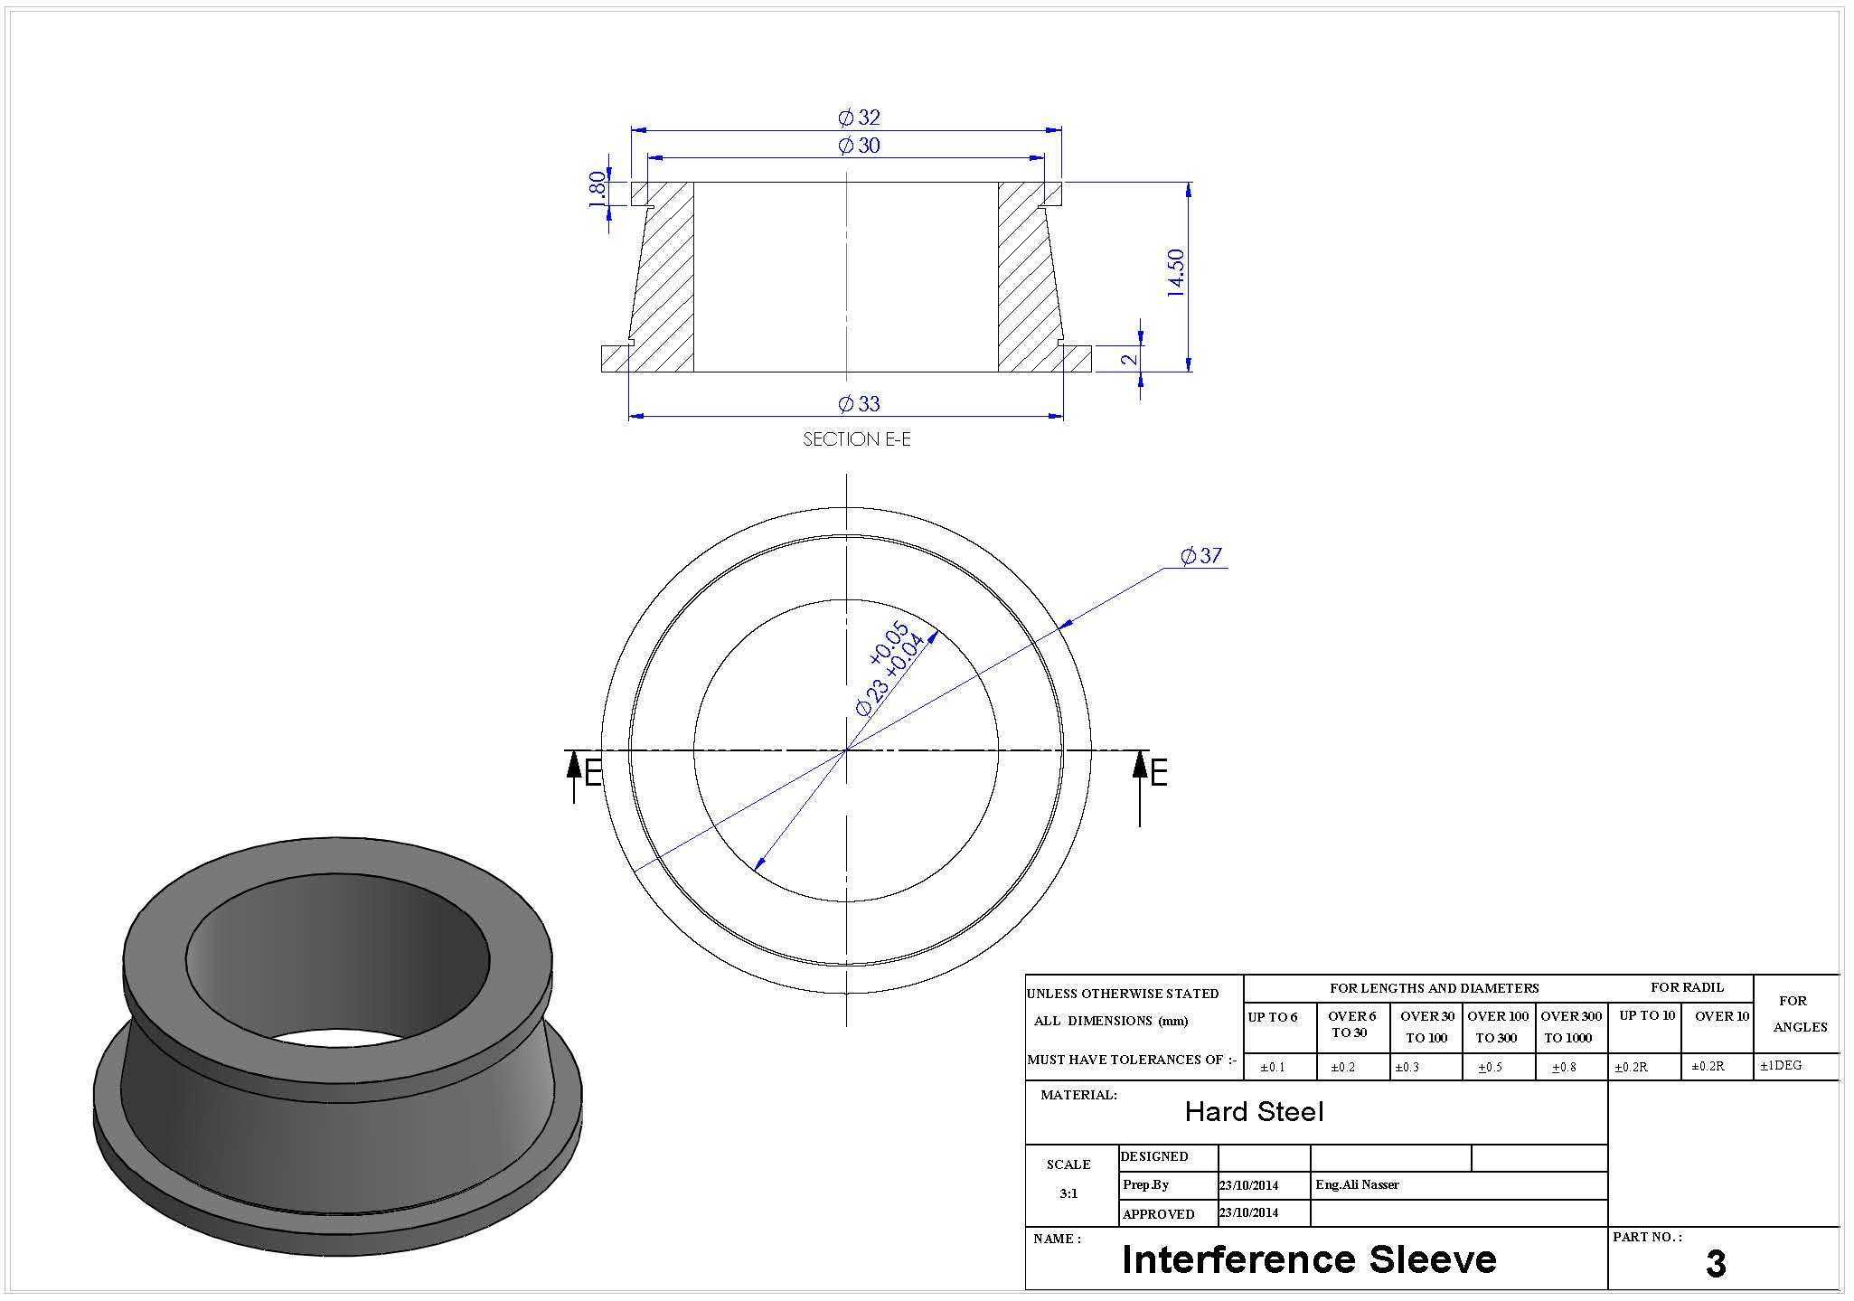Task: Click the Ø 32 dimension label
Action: (x=859, y=118)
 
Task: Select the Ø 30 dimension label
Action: (x=859, y=146)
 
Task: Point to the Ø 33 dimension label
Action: (x=859, y=403)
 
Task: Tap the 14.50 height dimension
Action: (x=1175, y=273)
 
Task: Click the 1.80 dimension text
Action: (x=598, y=189)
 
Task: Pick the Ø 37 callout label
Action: (x=1201, y=556)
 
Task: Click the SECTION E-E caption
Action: (x=857, y=439)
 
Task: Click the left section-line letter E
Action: (x=593, y=773)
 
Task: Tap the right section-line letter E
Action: (x=1159, y=773)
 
